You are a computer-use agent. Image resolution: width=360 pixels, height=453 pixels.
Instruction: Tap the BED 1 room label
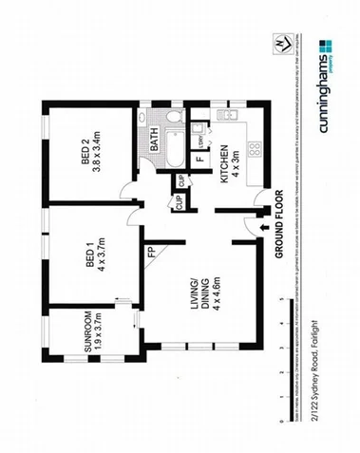[87, 258]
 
